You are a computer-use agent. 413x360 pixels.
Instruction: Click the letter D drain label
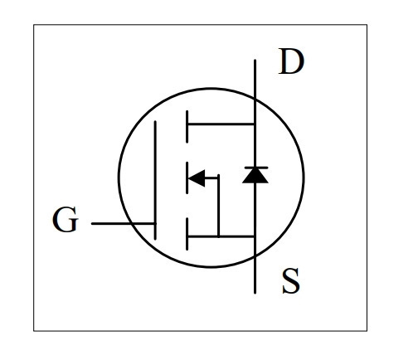291,61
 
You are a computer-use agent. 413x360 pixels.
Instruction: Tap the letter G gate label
66,219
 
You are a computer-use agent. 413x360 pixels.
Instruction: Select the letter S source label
291,281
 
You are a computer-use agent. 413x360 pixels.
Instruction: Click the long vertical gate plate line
155,180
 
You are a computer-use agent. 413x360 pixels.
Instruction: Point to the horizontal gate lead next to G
124,223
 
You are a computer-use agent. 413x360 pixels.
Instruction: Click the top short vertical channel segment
187,127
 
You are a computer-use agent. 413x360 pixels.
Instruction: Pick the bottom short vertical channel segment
187,234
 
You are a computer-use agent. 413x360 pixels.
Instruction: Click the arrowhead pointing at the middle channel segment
197,178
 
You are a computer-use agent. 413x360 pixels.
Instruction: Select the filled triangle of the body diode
255,176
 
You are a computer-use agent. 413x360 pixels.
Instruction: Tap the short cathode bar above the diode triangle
256,168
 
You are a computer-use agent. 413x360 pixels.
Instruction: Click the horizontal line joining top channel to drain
221,124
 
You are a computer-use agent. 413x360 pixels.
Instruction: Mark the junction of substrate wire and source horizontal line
218,236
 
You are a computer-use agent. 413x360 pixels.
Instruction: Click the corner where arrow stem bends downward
218,178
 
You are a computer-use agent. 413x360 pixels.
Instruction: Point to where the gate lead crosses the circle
130,223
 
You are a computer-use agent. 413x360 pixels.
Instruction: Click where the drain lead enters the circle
255,98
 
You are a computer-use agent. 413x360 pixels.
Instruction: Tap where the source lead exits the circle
255,257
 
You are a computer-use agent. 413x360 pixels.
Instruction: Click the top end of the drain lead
255,60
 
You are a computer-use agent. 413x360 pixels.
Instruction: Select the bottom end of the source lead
255,293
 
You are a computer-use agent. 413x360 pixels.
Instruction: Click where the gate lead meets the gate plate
155,223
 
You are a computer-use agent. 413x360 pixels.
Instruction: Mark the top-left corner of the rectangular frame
34,25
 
